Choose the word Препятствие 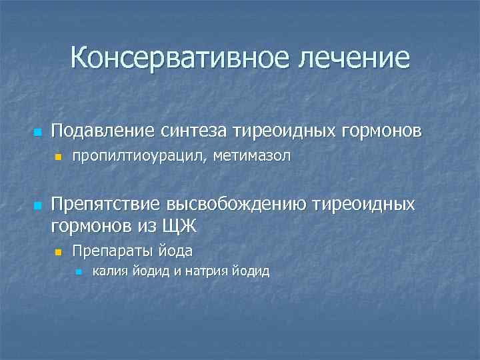pyautogui.click(x=108, y=203)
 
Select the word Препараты pyautogui.click(x=111, y=251)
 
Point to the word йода pyautogui.click(x=175, y=251)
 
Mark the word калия pyautogui.click(x=108, y=271)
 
